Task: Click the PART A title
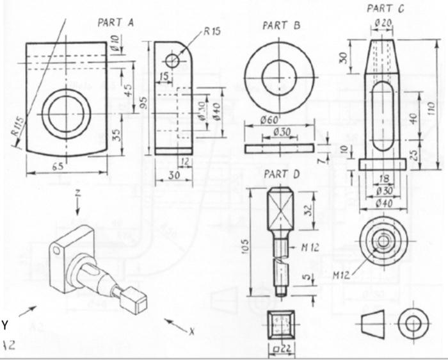coord(115,22)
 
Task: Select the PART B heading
coord(282,26)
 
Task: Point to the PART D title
coord(282,174)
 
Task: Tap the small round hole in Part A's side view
coord(173,61)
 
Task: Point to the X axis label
coord(190,332)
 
